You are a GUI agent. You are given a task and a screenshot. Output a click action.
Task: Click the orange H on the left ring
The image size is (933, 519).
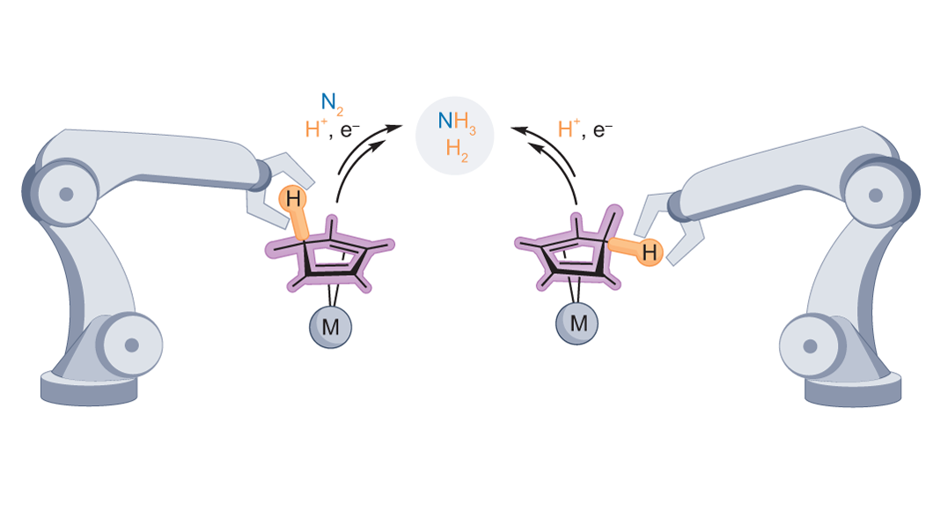click(x=294, y=199)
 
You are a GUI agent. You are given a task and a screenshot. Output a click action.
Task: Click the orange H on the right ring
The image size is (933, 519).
click(x=650, y=253)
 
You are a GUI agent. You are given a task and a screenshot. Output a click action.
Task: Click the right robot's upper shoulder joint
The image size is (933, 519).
click(x=875, y=195)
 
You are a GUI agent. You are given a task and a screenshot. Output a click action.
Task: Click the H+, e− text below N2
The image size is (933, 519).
click(x=334, y=131)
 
